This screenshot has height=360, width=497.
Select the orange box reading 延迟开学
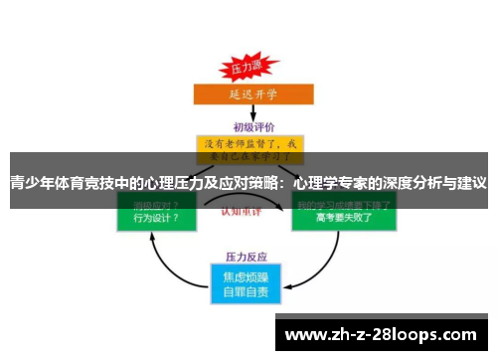click(248, 94)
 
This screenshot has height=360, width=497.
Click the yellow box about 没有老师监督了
click(249, 148)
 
